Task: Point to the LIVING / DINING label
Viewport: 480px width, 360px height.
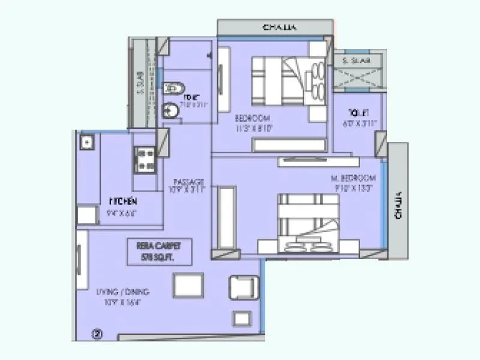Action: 122,292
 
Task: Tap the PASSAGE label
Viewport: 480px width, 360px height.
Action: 189,182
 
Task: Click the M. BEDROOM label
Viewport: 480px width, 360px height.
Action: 354,178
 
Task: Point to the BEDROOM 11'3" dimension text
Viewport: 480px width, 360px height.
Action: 257,127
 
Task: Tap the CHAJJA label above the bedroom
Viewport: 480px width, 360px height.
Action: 280,28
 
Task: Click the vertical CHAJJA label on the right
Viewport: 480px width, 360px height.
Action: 398,205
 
